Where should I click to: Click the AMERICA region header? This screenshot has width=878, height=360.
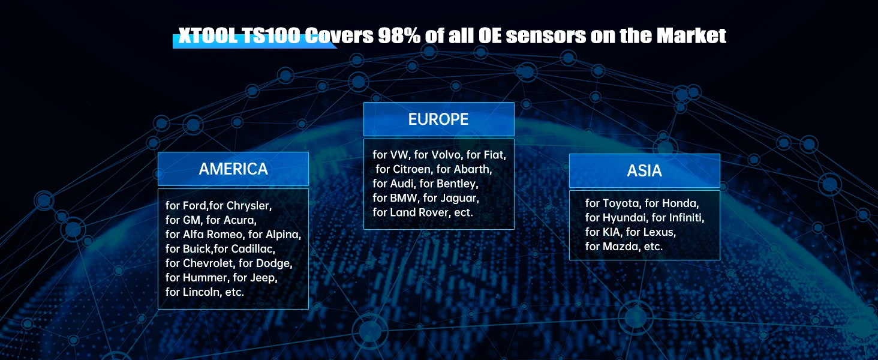click(x=233, y=169)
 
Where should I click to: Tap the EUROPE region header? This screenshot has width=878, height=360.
click(x=438, y=119)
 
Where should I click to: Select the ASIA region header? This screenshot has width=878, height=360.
click(x=644, y=170)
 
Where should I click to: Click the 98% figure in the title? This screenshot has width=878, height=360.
click(x=399, y=35)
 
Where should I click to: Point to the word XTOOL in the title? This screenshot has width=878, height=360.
click(x=208, y=35)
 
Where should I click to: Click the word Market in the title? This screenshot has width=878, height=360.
click(x=691, y=35)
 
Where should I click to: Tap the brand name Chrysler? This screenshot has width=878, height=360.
click(x=248, y=205)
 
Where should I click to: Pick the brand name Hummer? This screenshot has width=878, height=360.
click(x=205, y=278)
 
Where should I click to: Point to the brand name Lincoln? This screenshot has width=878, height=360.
click(x=201, y=292)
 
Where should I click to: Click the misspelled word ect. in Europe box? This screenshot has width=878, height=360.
click(x=464, y=212)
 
